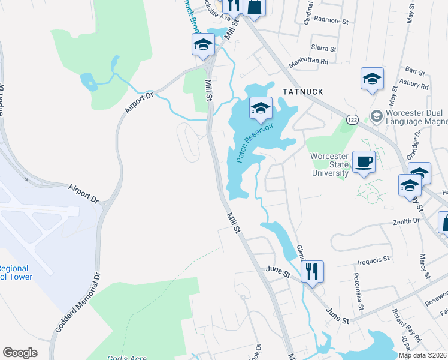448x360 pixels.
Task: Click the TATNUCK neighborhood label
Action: click(x=302, y=92)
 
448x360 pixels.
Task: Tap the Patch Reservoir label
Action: click(x=255, y=143)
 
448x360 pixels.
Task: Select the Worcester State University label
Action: click(x=329, y=165)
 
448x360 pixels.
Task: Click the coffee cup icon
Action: click(x=364, y=161)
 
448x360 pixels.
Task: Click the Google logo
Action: click(x=20, y=353)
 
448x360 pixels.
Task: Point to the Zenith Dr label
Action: click(x=407, y=221)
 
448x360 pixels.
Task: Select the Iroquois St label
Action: click(x=373, y=260)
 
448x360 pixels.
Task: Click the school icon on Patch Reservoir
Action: click(x=261, y=108)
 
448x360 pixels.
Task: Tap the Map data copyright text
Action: click(x=422, y=355)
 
